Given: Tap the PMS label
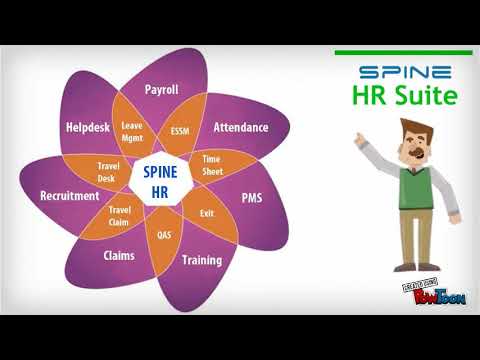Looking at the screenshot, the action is coord(252,198).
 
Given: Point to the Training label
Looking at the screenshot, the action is coord(201,260).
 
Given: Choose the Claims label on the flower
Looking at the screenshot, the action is coord(119,255).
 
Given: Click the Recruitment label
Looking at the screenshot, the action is coord(69,196).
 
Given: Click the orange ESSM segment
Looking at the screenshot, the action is coord(180,131).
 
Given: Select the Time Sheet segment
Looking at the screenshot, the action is coord(212,163).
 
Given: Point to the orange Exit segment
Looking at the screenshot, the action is coord(207,213).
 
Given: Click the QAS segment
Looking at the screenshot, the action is coord(165,235).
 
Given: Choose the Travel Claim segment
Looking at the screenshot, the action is coord(120,214).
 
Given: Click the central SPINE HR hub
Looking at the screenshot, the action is coord(160,181).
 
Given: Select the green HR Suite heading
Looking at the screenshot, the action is coord(404,97).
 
